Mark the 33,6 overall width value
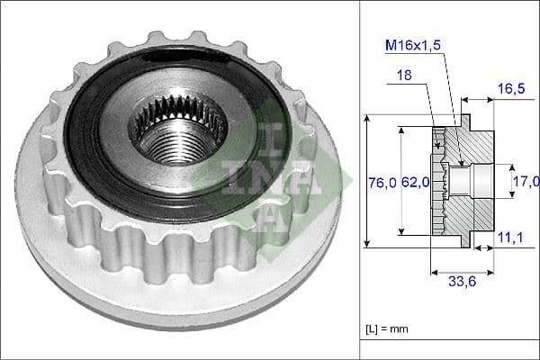point(462,280)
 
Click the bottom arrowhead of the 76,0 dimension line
point(368,244)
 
